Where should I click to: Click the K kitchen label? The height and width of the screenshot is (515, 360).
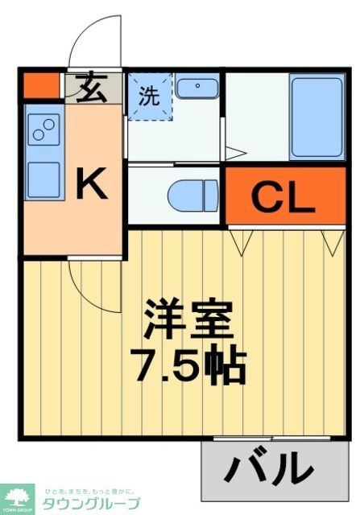pos(91,187)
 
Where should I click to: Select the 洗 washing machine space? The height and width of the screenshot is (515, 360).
pos(150,97)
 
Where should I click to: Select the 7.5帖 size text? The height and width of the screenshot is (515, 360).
pos(188,366)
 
